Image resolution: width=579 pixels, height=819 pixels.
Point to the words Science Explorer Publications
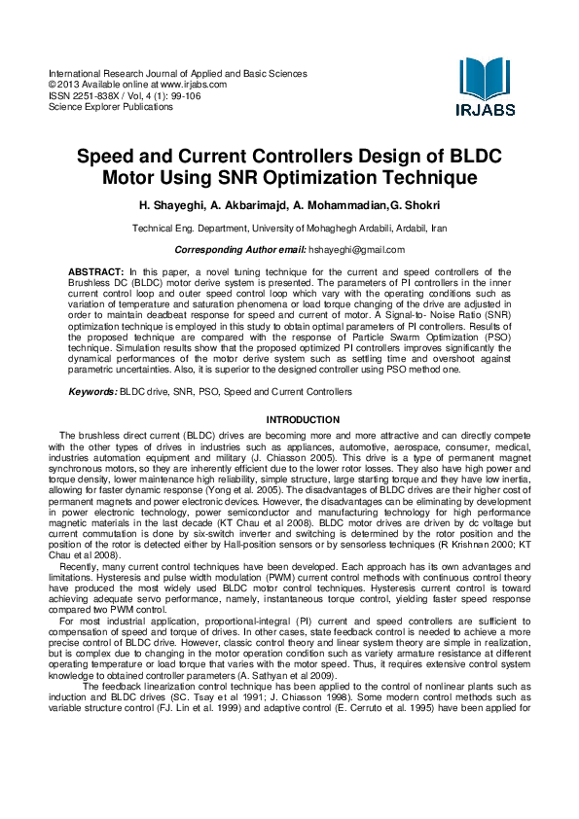tap(111, 107)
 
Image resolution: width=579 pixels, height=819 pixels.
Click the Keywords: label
tap(92, 391)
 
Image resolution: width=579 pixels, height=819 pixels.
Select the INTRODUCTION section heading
tap(289, 420)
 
